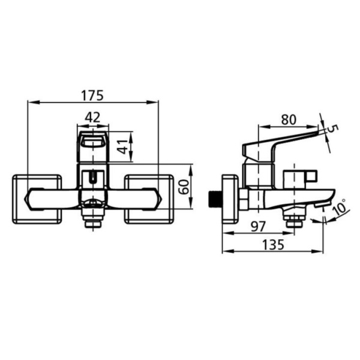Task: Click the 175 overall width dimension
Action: pyautogui.click(x=92, y=95)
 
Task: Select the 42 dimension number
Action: pyautogui.click(x=92, y=118)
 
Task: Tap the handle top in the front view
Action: pyautogui.click(x=92, y=142)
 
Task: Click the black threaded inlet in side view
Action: pyautogui.click(x=214, y=198)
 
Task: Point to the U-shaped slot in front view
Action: pyautogui.click(x=92, y=178)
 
